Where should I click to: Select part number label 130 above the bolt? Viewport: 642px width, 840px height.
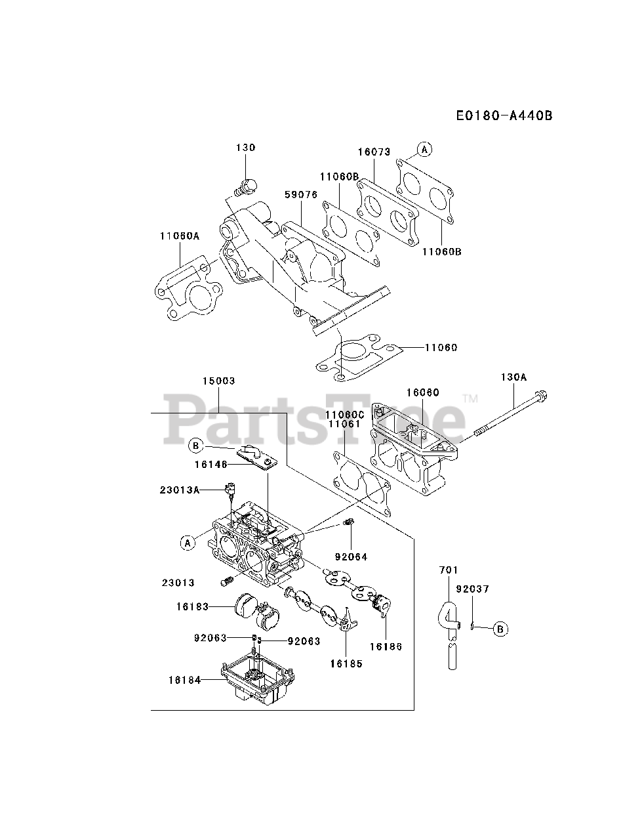(x=246, y=148)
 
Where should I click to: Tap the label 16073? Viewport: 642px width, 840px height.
(x=374, y=152)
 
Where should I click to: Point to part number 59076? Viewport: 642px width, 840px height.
(x=301, y=194)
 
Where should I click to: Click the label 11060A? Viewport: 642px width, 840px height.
(x=179, y=236)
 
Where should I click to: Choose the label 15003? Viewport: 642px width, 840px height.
(x=218, y=381)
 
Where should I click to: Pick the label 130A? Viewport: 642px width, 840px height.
(x=513, y=377)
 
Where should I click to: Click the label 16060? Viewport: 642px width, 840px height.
(x=422, y=392)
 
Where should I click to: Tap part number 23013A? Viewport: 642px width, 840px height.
(x=180, y=490)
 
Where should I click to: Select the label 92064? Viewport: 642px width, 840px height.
(x=351, y=556)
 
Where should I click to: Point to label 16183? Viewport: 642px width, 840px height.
(x=192, y=607)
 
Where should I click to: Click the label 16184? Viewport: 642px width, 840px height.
(x=184, y=681)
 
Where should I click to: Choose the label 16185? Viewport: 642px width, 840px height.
(x=346, y=663)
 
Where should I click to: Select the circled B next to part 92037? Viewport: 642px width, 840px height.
(x=500, y=629)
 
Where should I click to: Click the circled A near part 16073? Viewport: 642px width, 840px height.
(x=425, y=150)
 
